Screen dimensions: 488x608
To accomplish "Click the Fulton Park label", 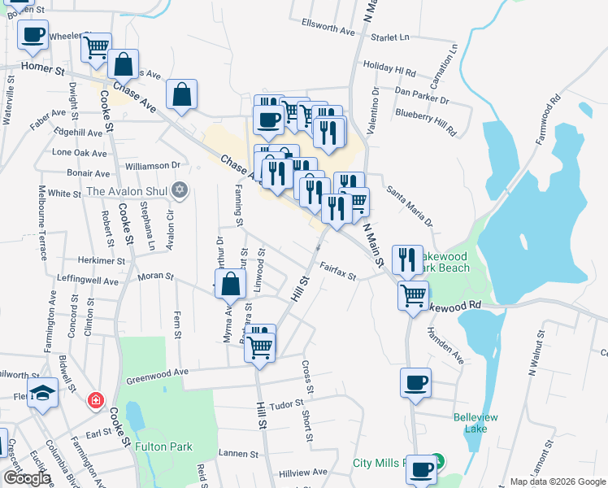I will point(163,447).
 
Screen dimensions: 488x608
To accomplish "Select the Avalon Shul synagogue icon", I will point(180,191).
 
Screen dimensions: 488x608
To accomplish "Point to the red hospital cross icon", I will point(96,400).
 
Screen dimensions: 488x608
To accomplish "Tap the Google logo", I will point(27,477).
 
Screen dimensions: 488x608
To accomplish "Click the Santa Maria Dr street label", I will point(410,207).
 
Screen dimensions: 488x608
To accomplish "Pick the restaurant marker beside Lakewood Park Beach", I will point(407,259).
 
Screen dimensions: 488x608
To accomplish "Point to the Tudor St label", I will point(286,404).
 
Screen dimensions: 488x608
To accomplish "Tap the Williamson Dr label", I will point(153,165).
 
